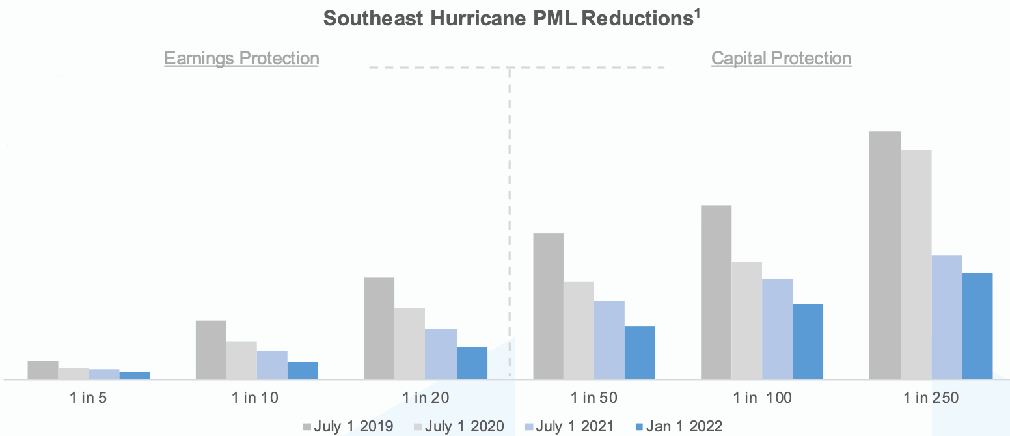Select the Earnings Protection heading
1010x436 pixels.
(241, 59)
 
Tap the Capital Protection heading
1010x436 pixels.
(781, 59)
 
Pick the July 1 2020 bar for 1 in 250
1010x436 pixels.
(916, 264)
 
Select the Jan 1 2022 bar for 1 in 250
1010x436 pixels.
(977, 326)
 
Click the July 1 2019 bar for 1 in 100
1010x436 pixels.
(716, 292)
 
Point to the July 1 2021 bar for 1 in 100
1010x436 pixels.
(777, 329)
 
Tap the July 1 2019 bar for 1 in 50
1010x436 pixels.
(548, 306)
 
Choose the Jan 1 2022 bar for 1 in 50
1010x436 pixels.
(640, 352)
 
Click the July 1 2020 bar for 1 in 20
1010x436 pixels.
(409, 343)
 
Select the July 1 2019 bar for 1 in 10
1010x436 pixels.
(211, 349)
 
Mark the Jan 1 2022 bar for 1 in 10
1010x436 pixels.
(303, 370)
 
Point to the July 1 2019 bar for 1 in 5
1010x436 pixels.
(43, 370)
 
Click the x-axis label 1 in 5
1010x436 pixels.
(89, 398)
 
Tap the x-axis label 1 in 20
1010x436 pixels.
(426, 398)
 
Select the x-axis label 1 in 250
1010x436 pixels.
(931, 398)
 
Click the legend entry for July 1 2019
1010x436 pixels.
(348, 426)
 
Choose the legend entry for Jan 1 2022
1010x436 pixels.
(678, 426)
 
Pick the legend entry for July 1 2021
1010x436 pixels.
(569, 426)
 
